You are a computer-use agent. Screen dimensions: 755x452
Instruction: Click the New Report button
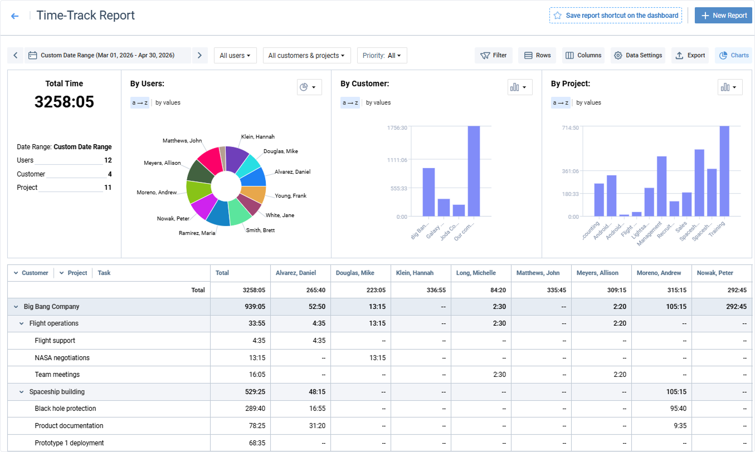pos(723,16)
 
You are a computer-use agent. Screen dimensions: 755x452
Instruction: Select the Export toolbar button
pos(690,55)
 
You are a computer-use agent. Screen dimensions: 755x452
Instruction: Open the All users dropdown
pos(235,55)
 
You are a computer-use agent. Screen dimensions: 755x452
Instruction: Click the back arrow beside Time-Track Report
pos(14,16)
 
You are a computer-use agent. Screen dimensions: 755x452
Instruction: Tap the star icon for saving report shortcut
pos(558,16)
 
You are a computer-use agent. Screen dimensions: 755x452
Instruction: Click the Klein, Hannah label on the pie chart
pos(258,137)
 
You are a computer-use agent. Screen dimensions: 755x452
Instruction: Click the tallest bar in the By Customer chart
pos(474,171)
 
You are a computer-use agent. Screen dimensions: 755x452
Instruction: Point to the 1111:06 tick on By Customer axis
pos(397,160)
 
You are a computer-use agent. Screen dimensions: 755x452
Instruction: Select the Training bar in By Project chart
pos(724,171)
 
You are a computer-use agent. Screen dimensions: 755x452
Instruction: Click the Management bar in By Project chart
pos(661,186)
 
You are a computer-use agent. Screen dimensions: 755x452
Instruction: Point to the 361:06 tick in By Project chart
pos(570,171)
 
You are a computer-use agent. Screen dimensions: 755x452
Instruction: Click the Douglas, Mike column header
pos(355,273)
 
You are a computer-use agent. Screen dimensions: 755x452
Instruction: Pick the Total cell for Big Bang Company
pos(255,307)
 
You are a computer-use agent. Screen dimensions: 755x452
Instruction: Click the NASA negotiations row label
pos(62,358)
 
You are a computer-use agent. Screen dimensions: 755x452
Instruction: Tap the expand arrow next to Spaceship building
pos(21,392)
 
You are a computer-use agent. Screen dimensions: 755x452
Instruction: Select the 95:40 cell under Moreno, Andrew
pos(678,409)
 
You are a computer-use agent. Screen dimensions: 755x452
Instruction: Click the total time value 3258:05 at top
pos(64,102)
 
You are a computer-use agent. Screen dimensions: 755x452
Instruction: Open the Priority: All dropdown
pos(382,55)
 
